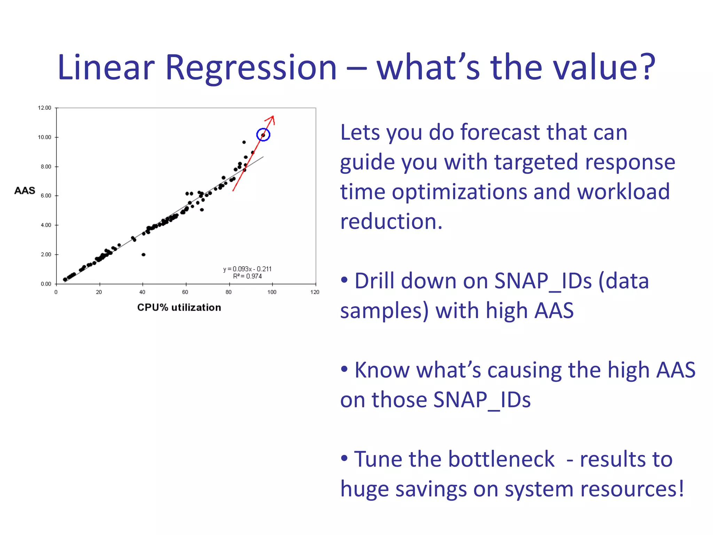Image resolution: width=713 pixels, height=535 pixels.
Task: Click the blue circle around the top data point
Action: coord(263,135)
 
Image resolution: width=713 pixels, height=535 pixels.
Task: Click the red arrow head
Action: coord(272,119)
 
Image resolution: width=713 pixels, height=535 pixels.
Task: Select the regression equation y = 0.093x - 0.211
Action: coord(247,269)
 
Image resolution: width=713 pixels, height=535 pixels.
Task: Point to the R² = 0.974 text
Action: coord(247,276)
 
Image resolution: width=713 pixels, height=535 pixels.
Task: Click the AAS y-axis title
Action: coord(25,191)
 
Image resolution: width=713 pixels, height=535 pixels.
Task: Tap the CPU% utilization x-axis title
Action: coord(179,308)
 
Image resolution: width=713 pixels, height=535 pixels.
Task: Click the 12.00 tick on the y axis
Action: coord(45,108)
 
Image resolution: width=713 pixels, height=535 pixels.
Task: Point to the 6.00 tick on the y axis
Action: coord(46,196)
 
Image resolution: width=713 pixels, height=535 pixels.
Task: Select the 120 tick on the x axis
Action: coord(315,292)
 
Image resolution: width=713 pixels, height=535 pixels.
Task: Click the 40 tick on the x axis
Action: coord(142,292)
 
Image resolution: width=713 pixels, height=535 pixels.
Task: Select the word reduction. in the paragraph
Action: coord(391,222)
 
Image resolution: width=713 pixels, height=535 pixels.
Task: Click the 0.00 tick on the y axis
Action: coord(46,284)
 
